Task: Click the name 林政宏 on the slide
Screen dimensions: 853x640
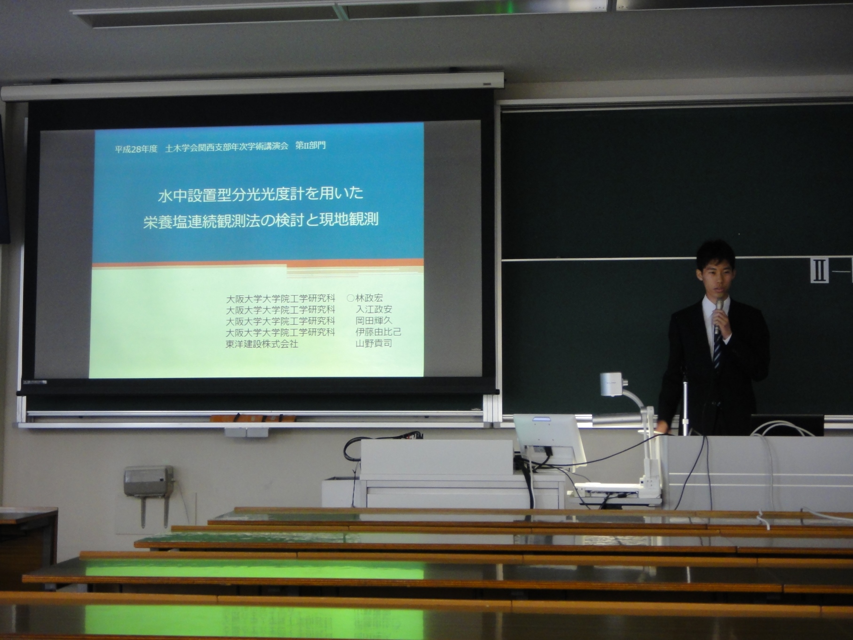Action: click(369, 298)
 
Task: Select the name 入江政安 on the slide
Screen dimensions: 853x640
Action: click(374, 309)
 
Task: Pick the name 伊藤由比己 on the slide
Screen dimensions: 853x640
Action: click(379, 332)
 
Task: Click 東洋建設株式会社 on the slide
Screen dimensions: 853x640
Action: click(262, 344)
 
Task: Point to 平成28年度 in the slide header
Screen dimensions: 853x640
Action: click(136, 148)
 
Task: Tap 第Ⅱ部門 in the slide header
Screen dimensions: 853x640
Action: click(310, 146)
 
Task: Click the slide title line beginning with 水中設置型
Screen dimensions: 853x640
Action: click(261, 194)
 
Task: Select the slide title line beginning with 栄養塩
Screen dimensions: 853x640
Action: click(261, 220)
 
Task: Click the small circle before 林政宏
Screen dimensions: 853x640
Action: click(350, 298)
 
